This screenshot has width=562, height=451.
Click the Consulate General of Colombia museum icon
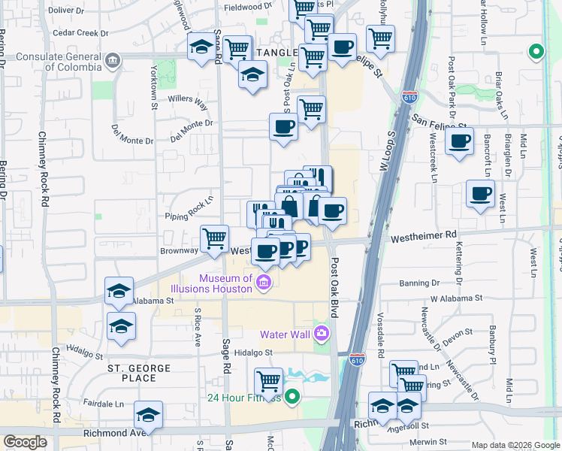[x=113, y=60]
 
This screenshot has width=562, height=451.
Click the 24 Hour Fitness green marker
[x=292, y=396]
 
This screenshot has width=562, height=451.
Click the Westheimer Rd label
[x=424, y=235]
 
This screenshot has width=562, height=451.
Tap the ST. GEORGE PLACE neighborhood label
[x=138, y=373]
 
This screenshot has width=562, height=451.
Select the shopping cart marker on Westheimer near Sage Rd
[x=215, y=238]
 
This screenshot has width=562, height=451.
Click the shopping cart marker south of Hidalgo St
[x=269, y=381]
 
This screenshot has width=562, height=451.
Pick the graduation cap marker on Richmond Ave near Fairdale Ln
[x=148, y=415]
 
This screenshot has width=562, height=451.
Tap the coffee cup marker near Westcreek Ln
[x=459, y=140]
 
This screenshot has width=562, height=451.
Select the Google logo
[x=25, y=442]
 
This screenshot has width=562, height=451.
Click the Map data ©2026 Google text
[x=515, y=445]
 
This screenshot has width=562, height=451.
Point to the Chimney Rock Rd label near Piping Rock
[x=44, y=174]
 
